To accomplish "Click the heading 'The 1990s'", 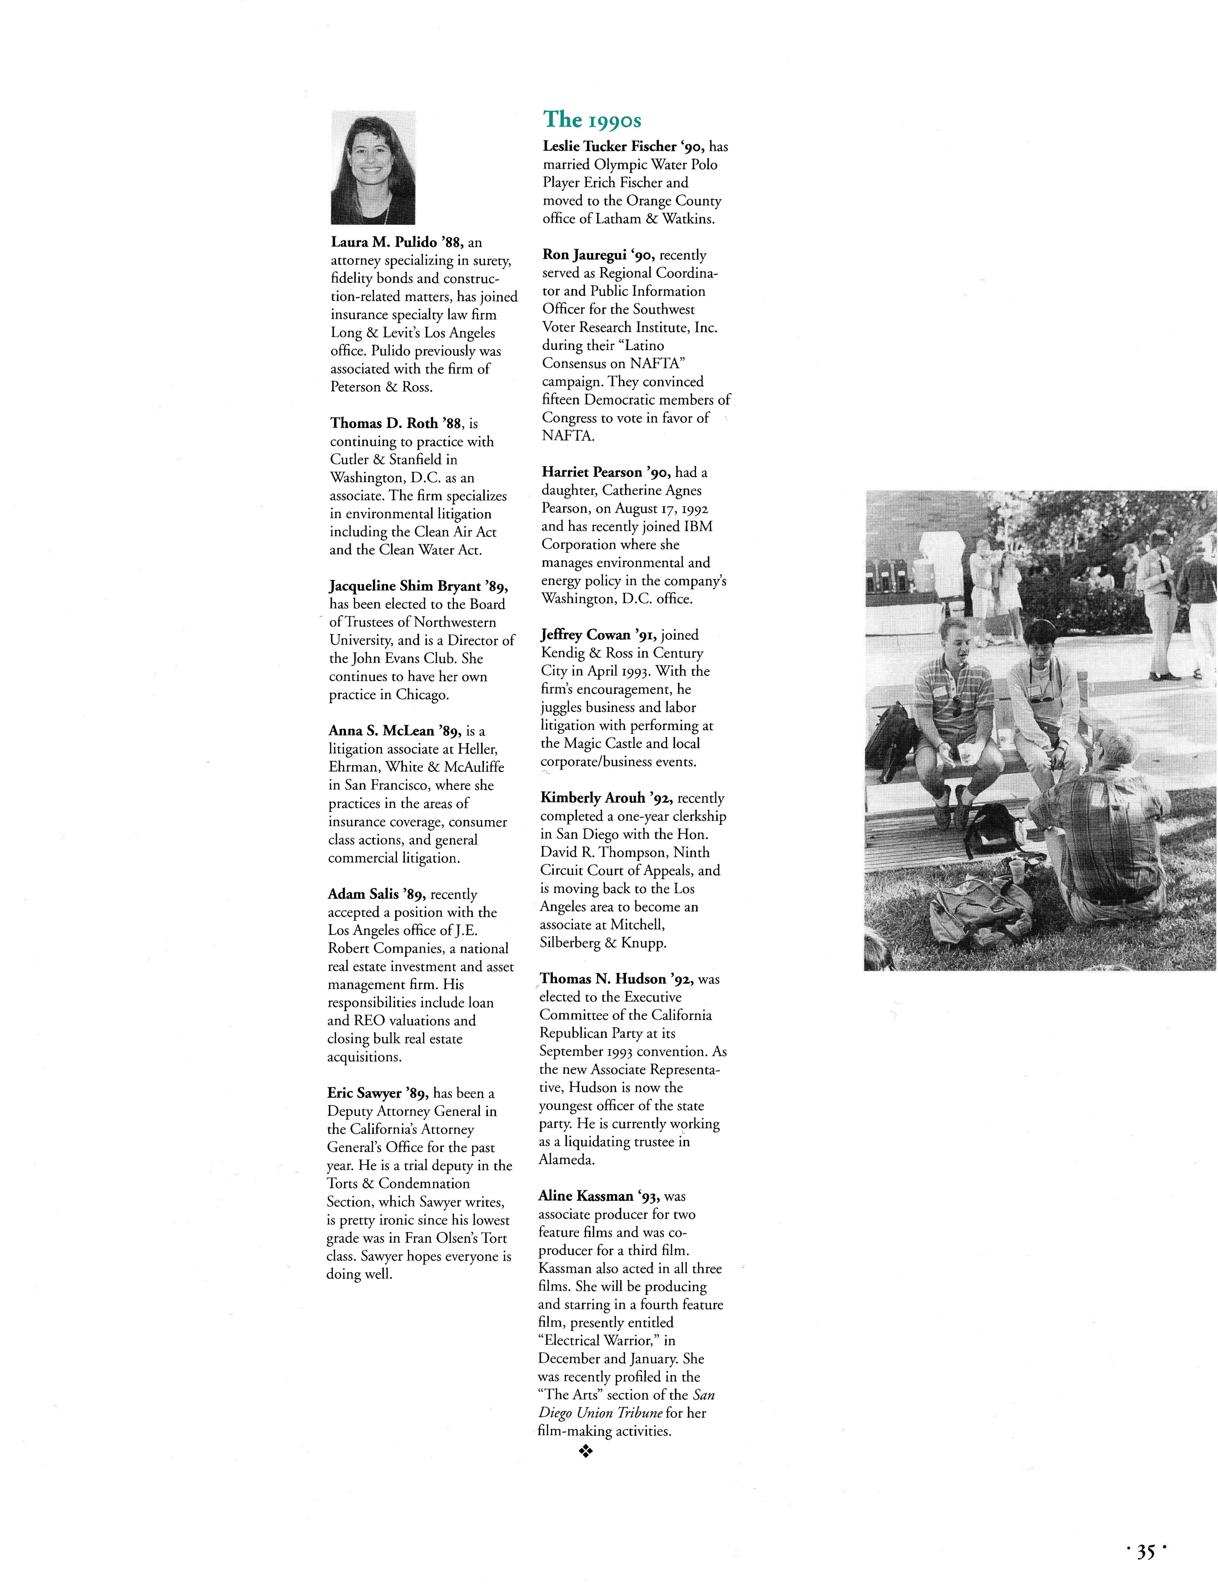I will pos(592,120).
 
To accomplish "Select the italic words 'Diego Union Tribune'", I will pos(600,1413).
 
